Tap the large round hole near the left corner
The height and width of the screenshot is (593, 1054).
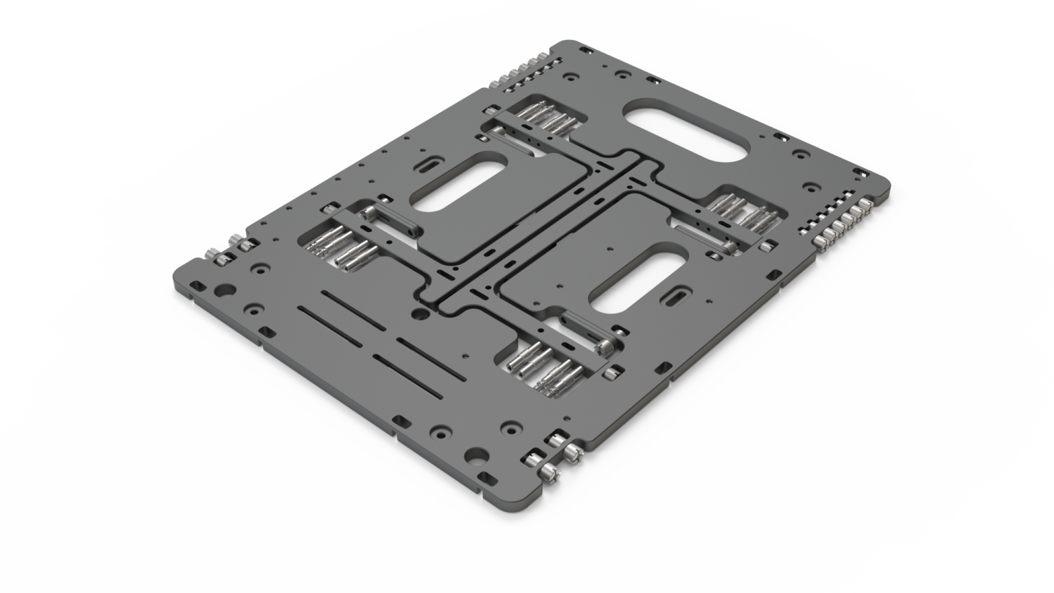222,289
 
